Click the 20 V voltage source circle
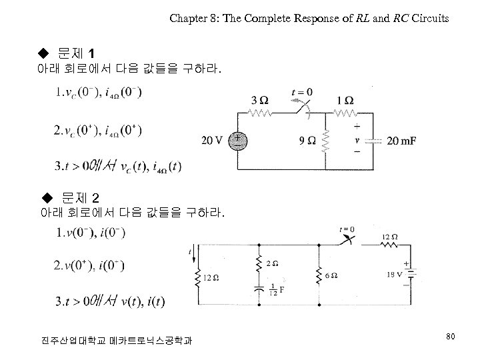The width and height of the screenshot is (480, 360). point(237,141)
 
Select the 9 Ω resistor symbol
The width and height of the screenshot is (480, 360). point(326,141)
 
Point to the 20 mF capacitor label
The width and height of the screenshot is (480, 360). point(403,141)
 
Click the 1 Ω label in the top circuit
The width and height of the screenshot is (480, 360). point(345,99)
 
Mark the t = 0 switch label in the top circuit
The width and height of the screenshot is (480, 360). point(302,92)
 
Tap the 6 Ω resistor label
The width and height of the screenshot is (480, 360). point(332,275)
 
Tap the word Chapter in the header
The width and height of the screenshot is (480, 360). point(189,19)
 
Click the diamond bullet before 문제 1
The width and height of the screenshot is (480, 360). point(45,53)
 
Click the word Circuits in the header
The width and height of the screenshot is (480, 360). point(431,19)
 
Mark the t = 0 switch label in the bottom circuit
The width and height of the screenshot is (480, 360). point(347,229)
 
